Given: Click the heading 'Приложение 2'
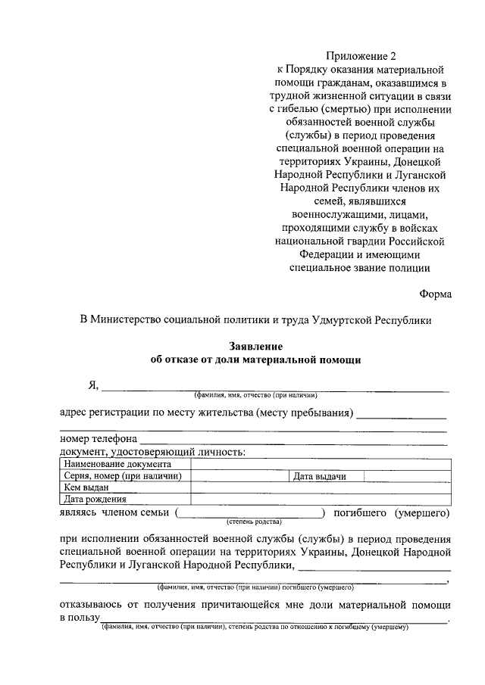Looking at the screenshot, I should pyautogui.click(x=361, y=55).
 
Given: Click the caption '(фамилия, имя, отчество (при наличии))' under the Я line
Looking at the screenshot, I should pyautogui.click(x=255, y=395).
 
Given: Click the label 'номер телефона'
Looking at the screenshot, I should pyautogui.click(x=99, y=439).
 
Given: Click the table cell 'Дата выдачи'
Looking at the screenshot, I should pyautogui.click(x=320, y=476).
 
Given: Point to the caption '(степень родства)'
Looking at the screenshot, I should pyautogui.click(x=254, y=522).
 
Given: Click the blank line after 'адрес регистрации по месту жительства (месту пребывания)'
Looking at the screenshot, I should pyautogui.click(x=400, y=414).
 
